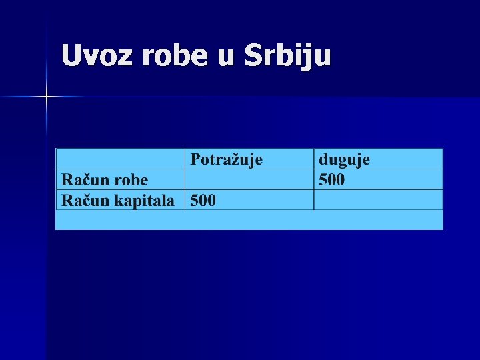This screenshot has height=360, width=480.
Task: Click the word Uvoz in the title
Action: pos(95,55)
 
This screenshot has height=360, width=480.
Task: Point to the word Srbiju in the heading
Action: pos(287,57)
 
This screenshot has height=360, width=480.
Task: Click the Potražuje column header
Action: pos(227,159)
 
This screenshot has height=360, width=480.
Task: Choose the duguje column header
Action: pos(344,159)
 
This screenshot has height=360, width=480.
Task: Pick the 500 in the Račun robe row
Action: pos(332,179)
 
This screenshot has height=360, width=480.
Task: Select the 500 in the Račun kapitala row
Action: pos(203,200)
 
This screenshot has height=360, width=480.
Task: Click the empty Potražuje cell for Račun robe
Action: pos(249,179)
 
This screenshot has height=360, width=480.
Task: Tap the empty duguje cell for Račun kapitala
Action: pos(377,200)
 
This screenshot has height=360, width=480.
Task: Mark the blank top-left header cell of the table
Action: pos(120,159)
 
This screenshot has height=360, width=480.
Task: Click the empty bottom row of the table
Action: pos(249,220)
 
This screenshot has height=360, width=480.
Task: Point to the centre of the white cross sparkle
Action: pos(47,97)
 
